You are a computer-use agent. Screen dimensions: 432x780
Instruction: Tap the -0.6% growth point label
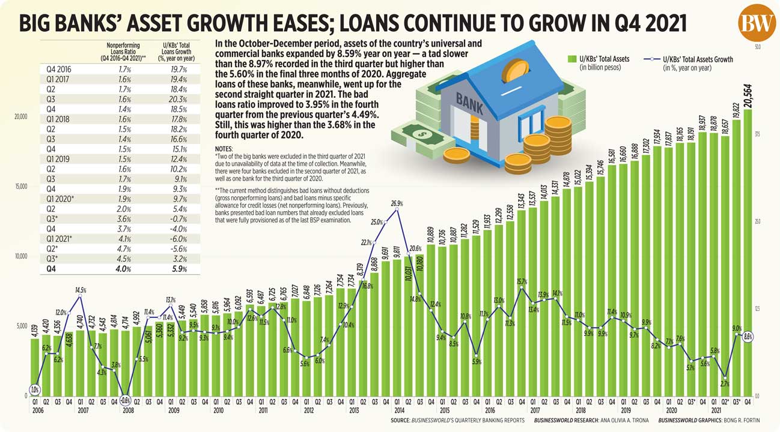(126, 400)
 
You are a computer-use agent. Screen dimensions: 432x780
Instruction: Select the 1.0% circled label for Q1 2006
(35, 389)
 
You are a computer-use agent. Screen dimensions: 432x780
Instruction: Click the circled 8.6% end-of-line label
(749, 337)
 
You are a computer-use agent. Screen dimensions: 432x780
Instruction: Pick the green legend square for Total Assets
(572, 59)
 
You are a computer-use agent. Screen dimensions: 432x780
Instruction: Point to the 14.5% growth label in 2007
(81, 290)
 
